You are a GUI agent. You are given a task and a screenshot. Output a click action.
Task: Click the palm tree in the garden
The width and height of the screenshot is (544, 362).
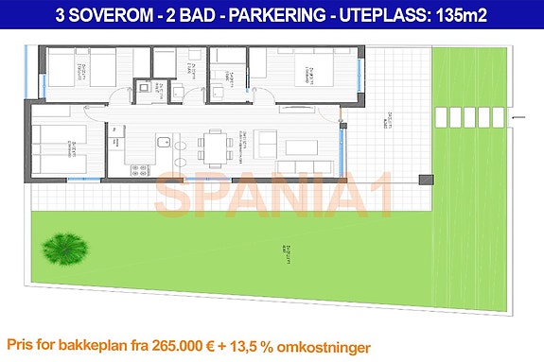(x=62, y=249)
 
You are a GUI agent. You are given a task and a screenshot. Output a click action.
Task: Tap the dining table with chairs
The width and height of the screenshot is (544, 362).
(x=214, y=146)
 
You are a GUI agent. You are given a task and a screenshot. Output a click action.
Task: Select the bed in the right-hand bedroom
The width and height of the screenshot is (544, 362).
(x=312, y=74)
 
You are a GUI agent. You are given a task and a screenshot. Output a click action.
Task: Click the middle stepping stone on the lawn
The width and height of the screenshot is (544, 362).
(x=469, y=117)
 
